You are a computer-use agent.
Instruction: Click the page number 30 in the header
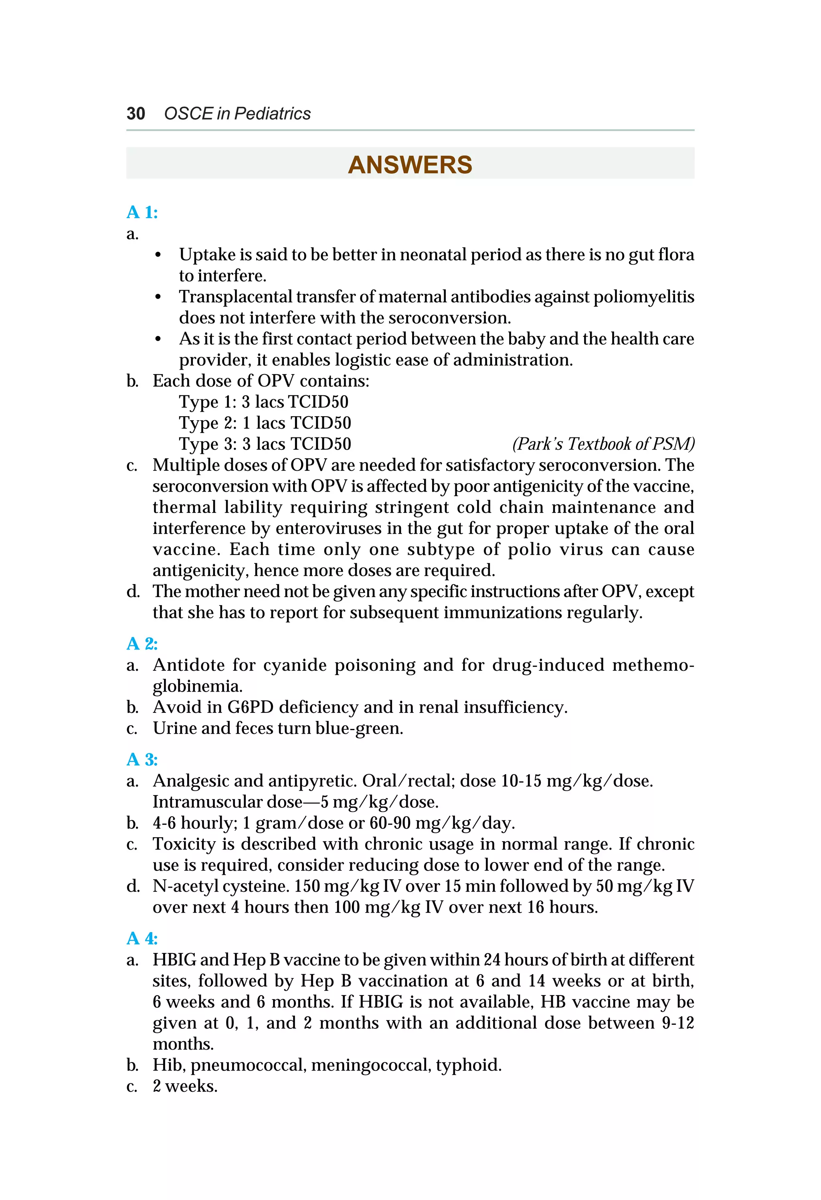pos(136,113)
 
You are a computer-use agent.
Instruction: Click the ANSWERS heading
pos(410,165)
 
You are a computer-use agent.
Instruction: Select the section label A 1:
pos(142,212)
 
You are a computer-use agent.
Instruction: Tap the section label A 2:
pos(142,644)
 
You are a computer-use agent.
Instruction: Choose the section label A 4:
pos(142,938)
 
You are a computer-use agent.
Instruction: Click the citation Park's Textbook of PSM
pos(603,444)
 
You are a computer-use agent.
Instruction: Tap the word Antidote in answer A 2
pos(188,665)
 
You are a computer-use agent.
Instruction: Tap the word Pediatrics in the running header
pos(272,113)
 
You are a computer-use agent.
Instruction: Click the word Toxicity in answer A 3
pos(184,844)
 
